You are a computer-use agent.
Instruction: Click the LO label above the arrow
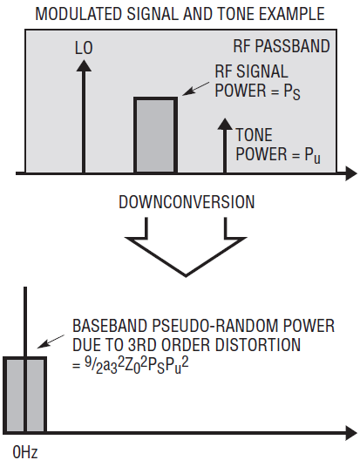[84, 48]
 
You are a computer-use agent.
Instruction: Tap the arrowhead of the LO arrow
[84, 65]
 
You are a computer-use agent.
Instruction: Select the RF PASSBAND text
[282, 46]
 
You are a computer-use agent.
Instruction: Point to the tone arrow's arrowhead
[225, 124]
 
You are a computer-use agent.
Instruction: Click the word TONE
[255, 135]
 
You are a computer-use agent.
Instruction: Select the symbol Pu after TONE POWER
[312, 155]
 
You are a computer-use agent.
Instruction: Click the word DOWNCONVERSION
[187, 202]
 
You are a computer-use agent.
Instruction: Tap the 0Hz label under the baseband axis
[25, 452]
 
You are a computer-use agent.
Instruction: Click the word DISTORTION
[258, 345]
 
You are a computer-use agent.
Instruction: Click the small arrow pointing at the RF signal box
[195, 89]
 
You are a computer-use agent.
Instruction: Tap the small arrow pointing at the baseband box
[51, 342]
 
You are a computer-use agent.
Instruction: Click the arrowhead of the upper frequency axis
[351, 173]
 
